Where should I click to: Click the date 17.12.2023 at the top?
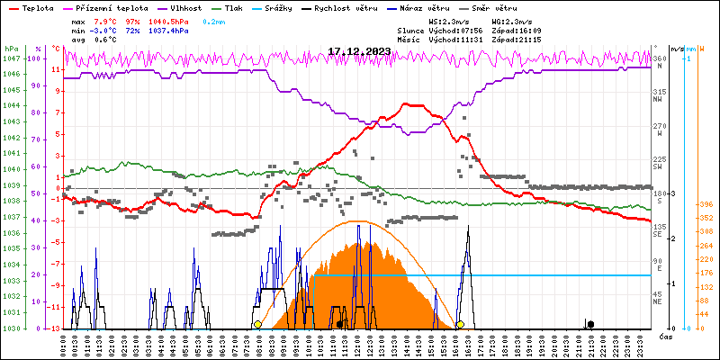[359, 51]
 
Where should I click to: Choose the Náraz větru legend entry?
[439, 6]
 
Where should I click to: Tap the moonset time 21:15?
[552, 40]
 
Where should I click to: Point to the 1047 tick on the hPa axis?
[11, 58]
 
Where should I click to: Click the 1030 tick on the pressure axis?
[11, 328]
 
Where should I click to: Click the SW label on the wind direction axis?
[659, 167]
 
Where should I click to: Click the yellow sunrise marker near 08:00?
[257, 324]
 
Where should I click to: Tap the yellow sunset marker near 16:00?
[460, 324]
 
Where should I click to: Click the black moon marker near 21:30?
[590, 323]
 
